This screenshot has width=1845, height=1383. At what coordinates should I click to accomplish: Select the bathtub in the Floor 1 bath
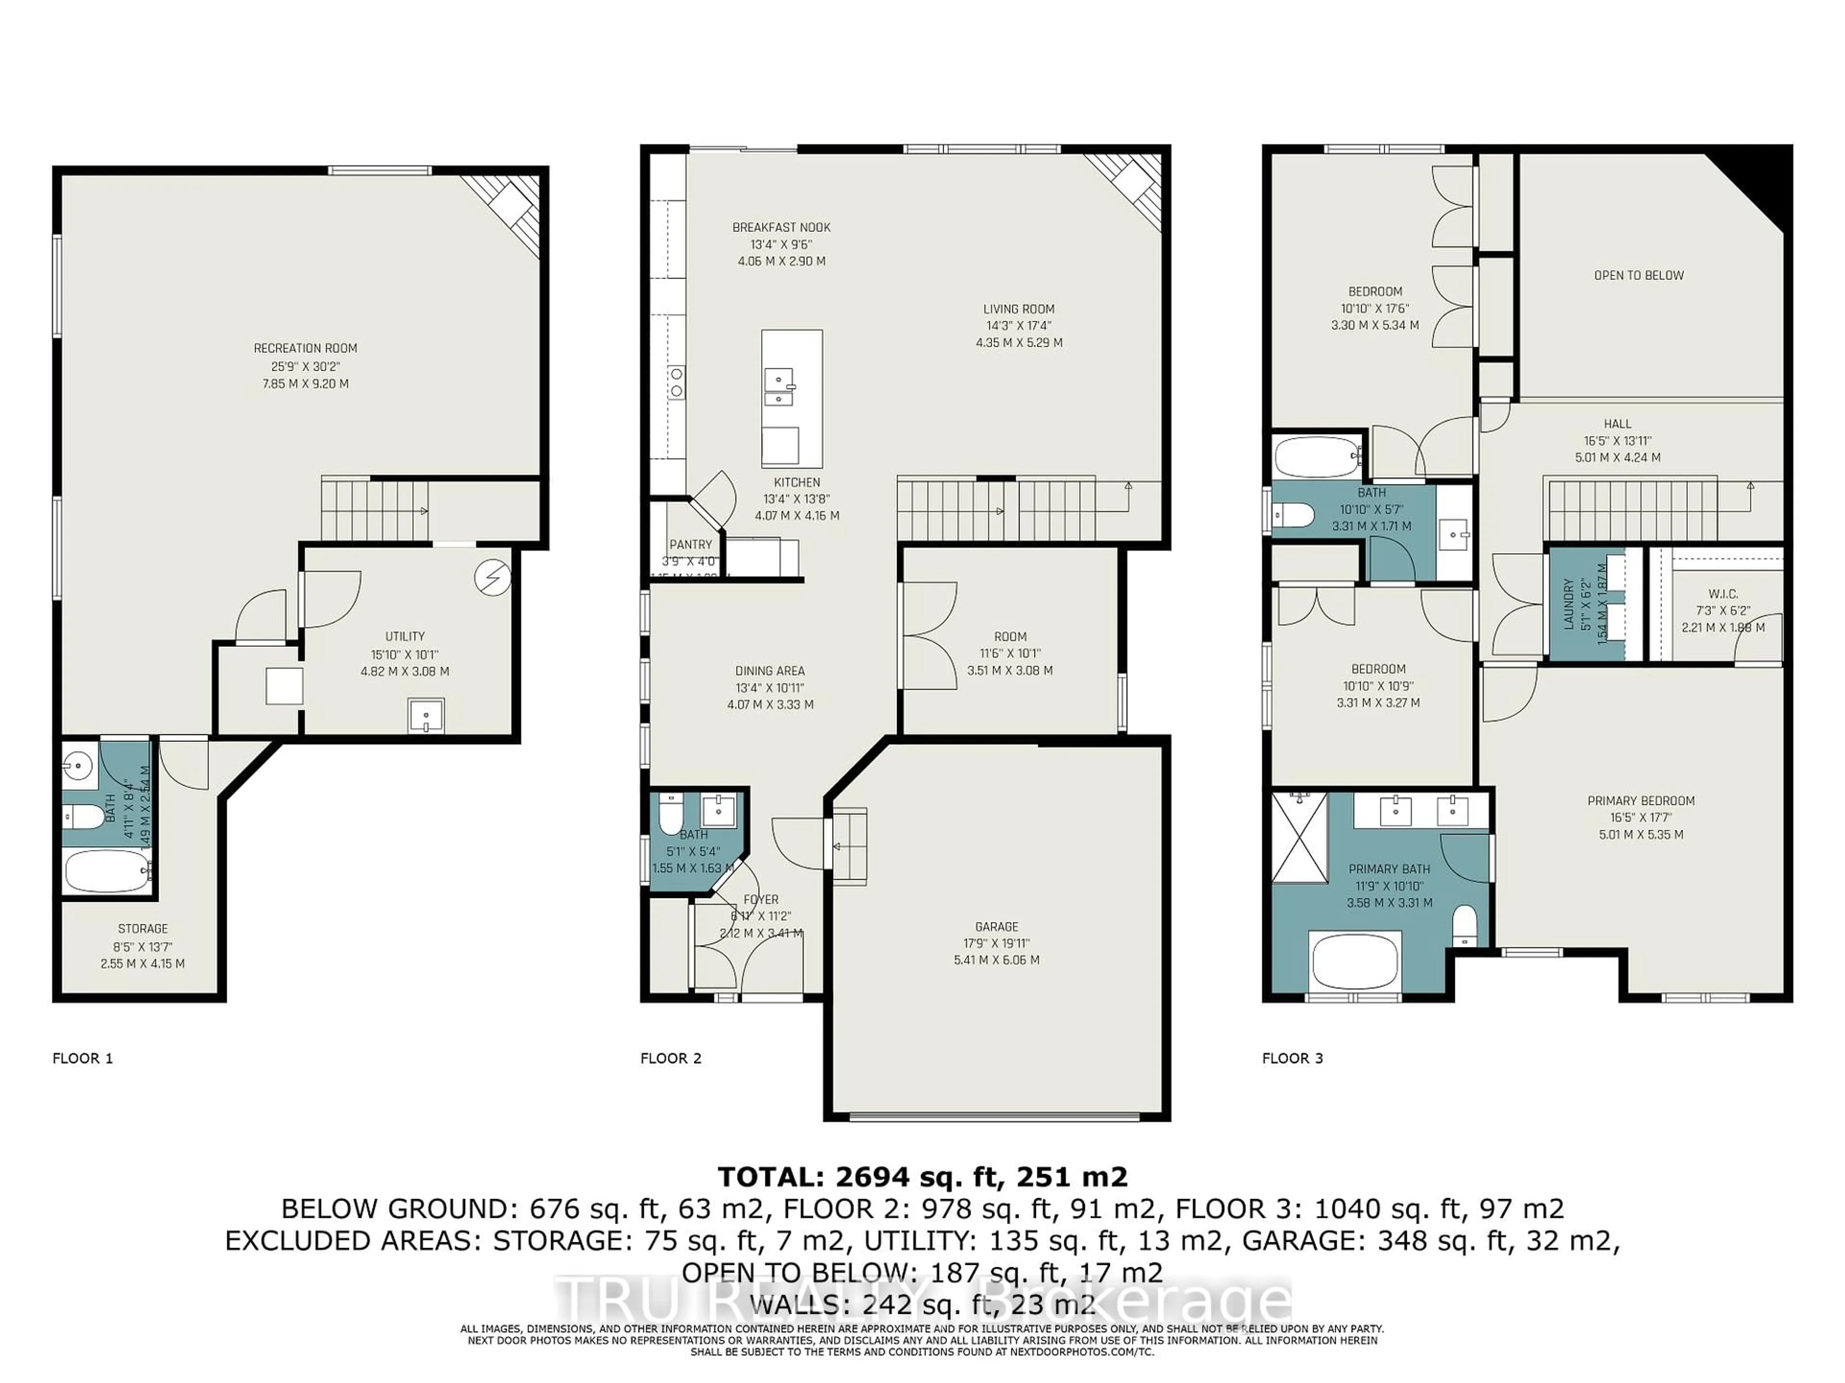click(107, 871)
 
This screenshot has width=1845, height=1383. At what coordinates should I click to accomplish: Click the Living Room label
click(1019, 308)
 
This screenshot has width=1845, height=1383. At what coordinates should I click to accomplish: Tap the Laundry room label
click(1568, 605)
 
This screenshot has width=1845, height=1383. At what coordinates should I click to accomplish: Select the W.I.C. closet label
click(1722, 594)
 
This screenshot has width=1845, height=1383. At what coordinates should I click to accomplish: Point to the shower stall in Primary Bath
click(1299, 838)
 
